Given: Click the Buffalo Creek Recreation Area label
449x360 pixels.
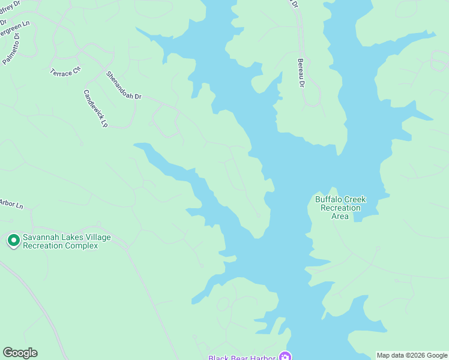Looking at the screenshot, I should [x=340, y=208].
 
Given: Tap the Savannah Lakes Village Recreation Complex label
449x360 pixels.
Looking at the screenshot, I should [x=66, y=241].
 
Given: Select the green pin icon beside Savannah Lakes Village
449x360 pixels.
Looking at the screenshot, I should [x=13, y=241].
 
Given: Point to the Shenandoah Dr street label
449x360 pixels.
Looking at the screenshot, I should [x=123, y=85].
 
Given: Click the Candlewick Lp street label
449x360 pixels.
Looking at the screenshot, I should [x=95, y=109].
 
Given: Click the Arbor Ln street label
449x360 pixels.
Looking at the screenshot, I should [x=11, y=204].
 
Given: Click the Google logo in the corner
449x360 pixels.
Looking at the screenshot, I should [x=20, y=353].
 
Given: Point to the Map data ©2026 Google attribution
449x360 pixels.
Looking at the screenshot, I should [x=412, y=355].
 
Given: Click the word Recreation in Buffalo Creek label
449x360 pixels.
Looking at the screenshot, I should [x=340, y=208].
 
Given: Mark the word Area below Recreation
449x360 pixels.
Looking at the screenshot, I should [x=340, y=216].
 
